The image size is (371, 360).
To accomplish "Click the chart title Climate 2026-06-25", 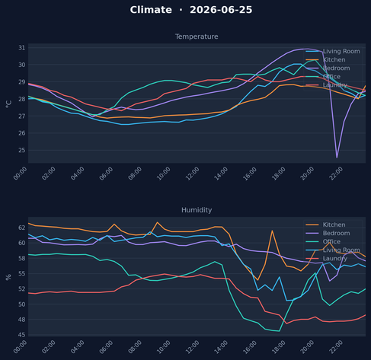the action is (191, 10).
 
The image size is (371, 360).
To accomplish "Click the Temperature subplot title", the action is (197, 37).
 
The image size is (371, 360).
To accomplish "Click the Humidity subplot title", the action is (197, 210).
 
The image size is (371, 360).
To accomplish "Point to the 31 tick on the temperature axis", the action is (22, 48).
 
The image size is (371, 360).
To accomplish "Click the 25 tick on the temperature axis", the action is (22, 150).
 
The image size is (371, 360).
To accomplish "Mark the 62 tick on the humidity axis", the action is (22, 228).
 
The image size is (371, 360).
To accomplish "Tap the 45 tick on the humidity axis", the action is (22, 335).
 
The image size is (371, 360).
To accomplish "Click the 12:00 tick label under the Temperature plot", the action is (192, 174).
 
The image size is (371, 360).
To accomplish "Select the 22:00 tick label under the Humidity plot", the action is (336, 347).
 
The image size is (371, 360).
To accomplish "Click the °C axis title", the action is (8, 104).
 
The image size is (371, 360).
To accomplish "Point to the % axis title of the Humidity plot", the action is (8, 277).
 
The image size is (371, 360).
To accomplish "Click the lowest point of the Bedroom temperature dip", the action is (337, 158).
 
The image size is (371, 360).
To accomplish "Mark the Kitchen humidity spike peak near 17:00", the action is (272, 231).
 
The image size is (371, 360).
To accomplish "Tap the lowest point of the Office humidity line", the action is (280, 331).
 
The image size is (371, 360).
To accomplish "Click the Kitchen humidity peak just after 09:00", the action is (157, 222).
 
